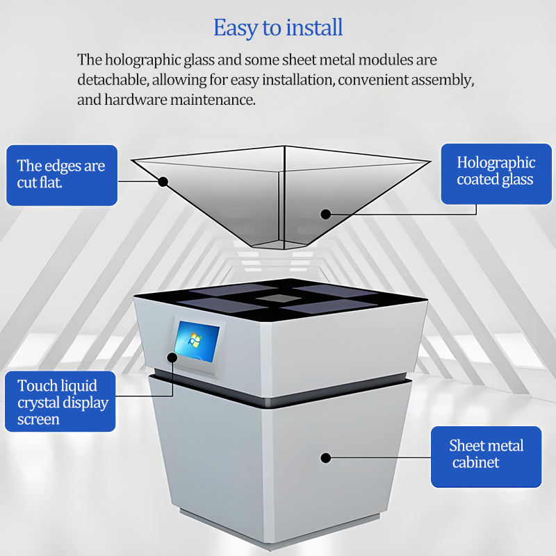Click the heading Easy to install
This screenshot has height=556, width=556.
point(277,28)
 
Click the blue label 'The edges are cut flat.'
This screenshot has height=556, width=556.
point(61,174)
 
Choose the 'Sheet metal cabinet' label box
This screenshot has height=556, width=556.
point(486,454)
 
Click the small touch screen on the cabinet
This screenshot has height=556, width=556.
point(197,342)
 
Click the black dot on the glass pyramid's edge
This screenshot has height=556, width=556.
point(163,182)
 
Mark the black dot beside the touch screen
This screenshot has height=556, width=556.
point(172,357)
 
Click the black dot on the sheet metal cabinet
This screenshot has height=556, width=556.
point(325,457)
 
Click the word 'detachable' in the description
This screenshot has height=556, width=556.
point(111,80)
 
